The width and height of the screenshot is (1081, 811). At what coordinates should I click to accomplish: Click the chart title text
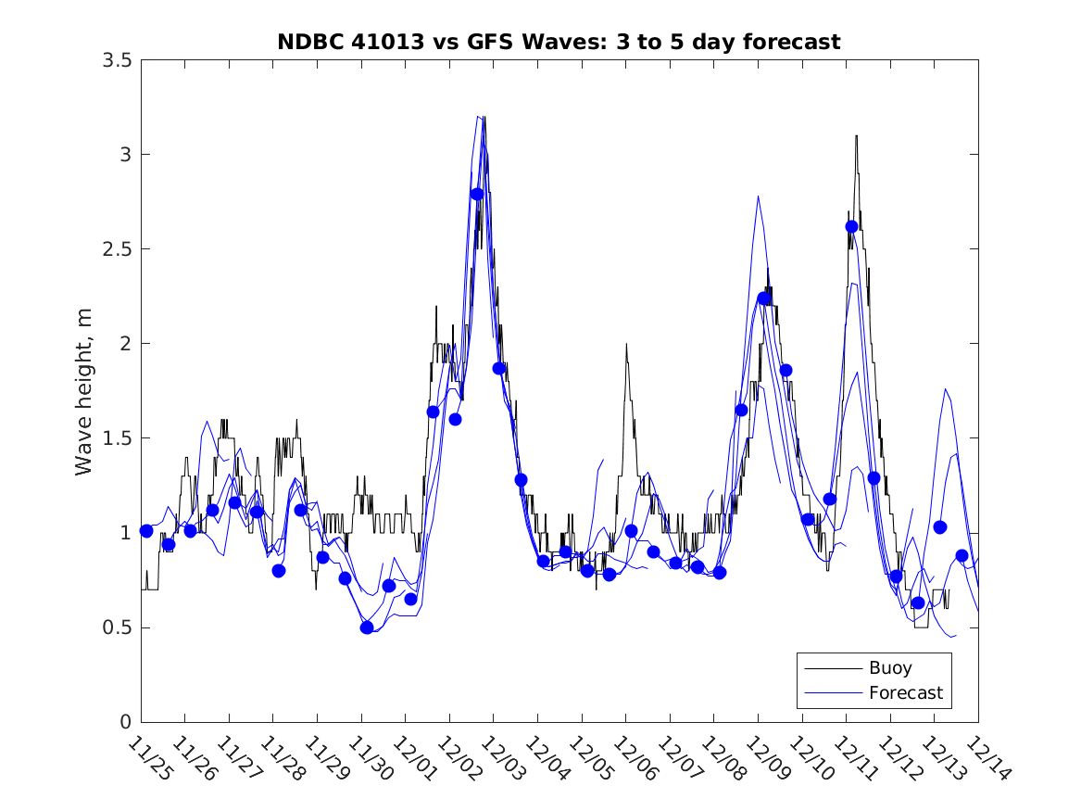(x=559, y=42)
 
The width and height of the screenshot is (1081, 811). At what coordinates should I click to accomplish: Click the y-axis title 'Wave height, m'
(x=84, y=391)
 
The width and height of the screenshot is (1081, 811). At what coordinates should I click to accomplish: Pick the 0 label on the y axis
(x=124, y=722)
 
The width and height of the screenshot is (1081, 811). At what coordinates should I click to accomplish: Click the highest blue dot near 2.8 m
(x=477, y=194)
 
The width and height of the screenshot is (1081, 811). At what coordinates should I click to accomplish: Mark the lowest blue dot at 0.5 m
(x=367, y=627)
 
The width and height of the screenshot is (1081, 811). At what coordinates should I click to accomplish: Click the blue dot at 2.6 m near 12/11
(x=852, y=227)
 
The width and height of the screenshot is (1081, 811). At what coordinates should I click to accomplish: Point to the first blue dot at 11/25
(x=146, y=531)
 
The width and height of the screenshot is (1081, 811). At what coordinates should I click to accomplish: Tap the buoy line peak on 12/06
(x=626, y=345)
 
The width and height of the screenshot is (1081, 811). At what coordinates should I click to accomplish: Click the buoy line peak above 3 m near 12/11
(x=856, y=136)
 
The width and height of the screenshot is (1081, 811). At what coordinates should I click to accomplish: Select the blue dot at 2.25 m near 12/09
(x=764, y=298)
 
